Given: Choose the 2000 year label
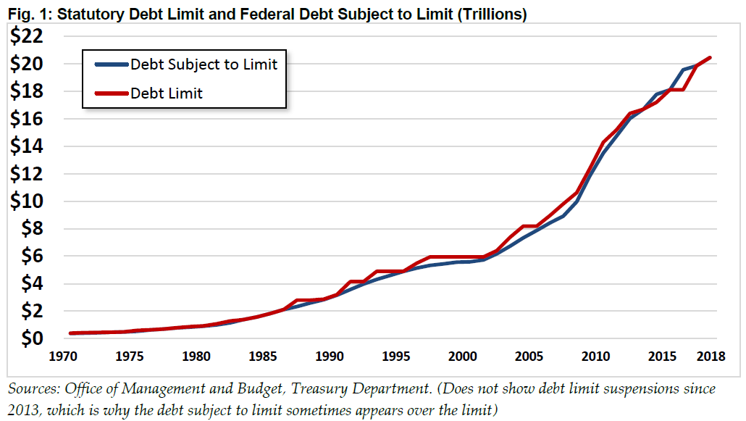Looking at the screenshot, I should [x=462, y=357].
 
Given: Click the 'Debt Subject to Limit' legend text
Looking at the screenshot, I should [x=204, y=64].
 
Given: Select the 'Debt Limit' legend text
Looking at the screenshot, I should [x=167, y=93].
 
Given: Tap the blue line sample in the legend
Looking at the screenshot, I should [x=111, y=64].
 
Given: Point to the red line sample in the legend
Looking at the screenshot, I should [x=111, y=93].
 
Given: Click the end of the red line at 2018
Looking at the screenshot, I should [x=710, y=58].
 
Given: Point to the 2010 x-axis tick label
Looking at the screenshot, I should [x=594, y=357].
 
